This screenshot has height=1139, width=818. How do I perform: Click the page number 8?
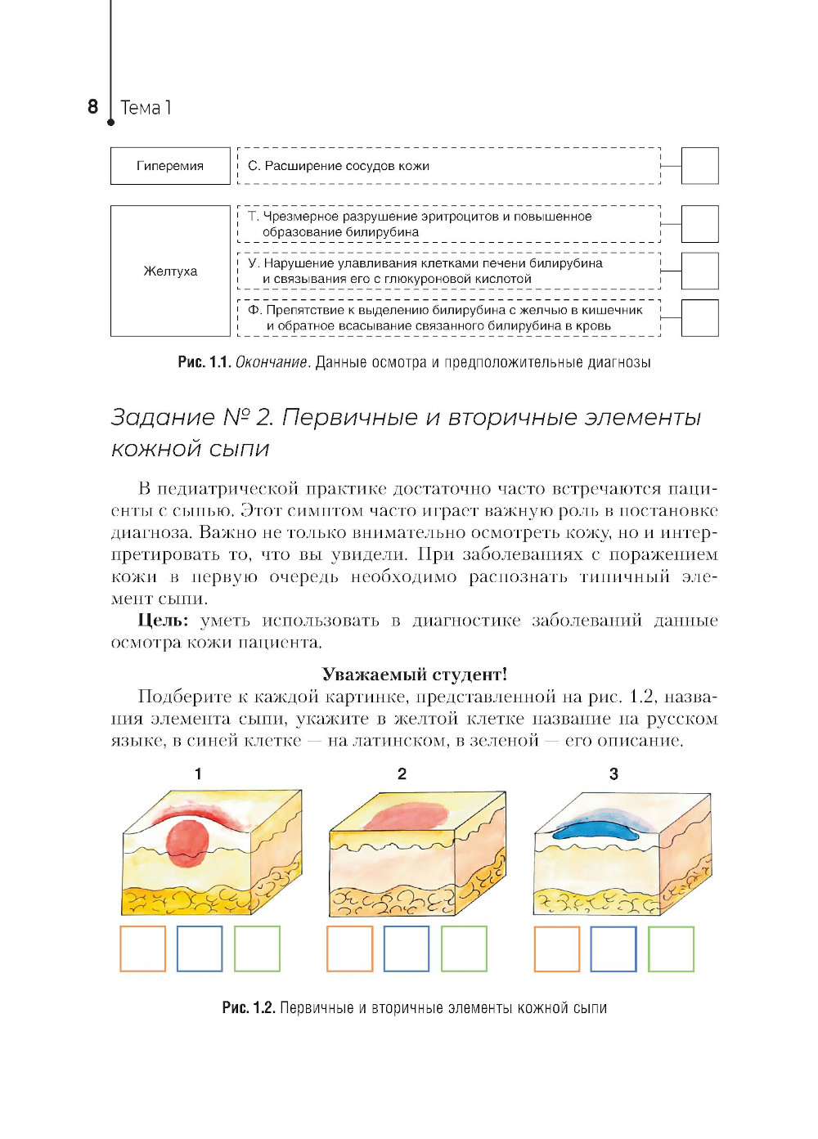click(x=92, y=106)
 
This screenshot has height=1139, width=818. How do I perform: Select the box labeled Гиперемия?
click(x=170, y=166)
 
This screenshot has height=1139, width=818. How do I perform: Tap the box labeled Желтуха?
click(x=170, y=271)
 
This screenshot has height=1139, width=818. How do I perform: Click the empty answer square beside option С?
click(x=699, y=166)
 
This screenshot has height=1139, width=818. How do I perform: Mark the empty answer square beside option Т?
click(x=699, y=224)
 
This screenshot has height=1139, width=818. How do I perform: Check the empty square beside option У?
click(x=699, y=271)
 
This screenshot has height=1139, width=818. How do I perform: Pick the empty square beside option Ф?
click(x=699, y=318)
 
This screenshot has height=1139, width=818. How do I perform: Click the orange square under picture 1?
click(x=142, y=948)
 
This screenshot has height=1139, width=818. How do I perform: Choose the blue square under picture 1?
click(x=200, y=948)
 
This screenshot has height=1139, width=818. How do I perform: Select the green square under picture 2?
click(x=464, y=948)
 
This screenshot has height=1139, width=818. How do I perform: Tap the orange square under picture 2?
click(x=349, y=948)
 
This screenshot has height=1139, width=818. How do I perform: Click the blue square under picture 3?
click(x=613, y=948)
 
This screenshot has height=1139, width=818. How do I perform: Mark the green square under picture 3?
click(x=671, y=948)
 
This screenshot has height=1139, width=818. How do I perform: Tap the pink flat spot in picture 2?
click(x=404, y=816)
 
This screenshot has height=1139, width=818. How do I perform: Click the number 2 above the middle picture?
click(x=402, y=774)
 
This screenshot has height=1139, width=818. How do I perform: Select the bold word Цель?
click(x=163, y=621)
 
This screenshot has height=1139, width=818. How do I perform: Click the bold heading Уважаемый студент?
click(x=414, y=675)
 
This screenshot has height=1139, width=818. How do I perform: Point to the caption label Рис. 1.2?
click(x=248, y=1007)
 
